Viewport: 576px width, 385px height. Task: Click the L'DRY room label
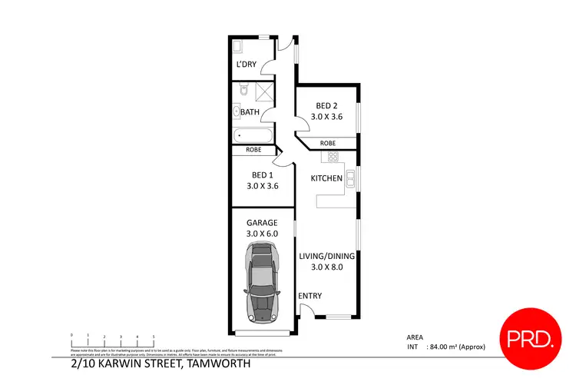[246, 64]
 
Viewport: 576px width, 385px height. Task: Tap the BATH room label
[250, 112]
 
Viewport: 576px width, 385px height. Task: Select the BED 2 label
[326, 106]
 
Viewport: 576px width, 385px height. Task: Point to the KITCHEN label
[326, 178]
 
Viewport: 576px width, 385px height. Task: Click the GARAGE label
[262, 223]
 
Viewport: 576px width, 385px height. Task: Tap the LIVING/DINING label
[326, 257]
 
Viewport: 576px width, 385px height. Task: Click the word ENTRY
[310, 297]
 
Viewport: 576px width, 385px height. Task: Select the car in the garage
[262, 282]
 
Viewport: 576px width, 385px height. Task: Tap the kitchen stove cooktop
[334, 157]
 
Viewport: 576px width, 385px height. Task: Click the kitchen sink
[349, 179]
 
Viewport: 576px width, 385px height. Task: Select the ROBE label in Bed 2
[327, 143]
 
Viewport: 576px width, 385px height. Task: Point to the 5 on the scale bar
[154, 337]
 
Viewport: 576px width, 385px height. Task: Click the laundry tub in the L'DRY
[237, 45]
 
